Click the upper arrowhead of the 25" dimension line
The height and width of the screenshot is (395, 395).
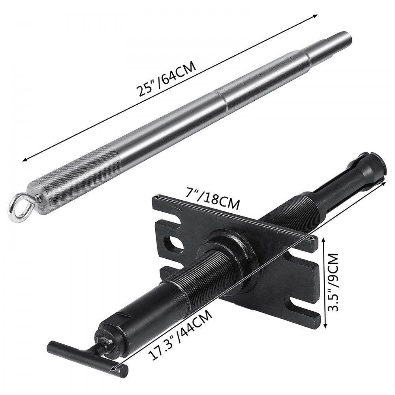[x=315, y=16]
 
